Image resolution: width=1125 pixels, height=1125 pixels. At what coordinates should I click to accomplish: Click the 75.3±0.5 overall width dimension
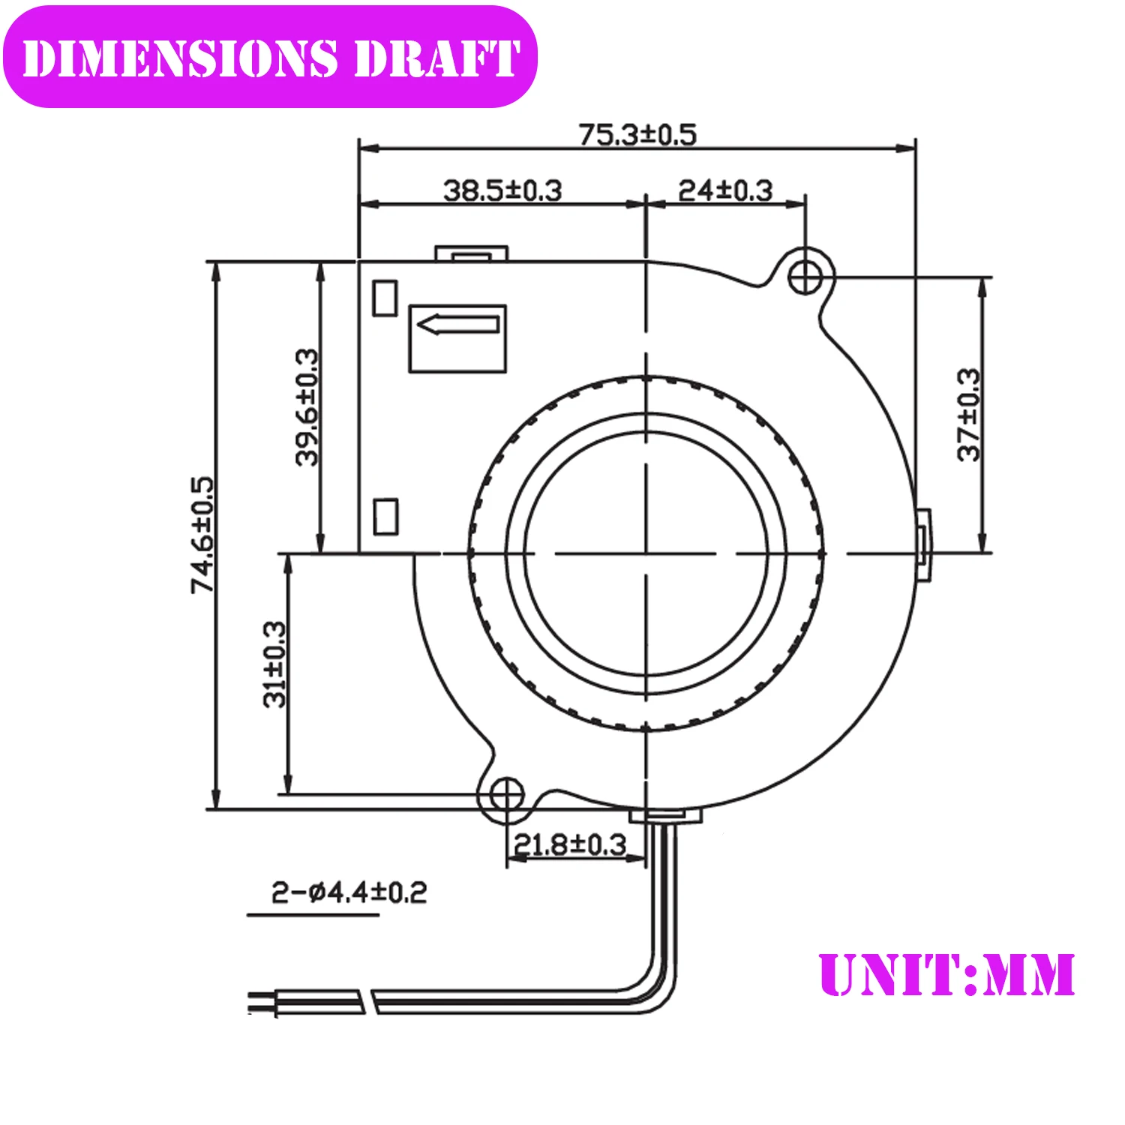click(637, 135)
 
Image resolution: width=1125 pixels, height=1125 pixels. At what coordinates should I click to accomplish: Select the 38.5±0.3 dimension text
click(502, 190)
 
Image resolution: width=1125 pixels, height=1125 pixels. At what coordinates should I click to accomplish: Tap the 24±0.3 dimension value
click(725, 190)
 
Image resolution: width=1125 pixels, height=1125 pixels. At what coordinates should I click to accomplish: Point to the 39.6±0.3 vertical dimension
click(307, 407)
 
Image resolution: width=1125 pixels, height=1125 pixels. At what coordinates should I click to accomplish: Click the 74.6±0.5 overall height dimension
click(202, 535)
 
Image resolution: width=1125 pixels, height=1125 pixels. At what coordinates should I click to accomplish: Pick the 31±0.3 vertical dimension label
click(274, 664)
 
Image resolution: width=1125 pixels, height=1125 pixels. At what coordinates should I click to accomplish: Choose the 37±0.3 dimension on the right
click(968, 415)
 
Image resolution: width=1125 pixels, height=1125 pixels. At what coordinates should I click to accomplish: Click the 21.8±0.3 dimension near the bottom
click(570, 845)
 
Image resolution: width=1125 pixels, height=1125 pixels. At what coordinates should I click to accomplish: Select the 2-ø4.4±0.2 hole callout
click(349, 892)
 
